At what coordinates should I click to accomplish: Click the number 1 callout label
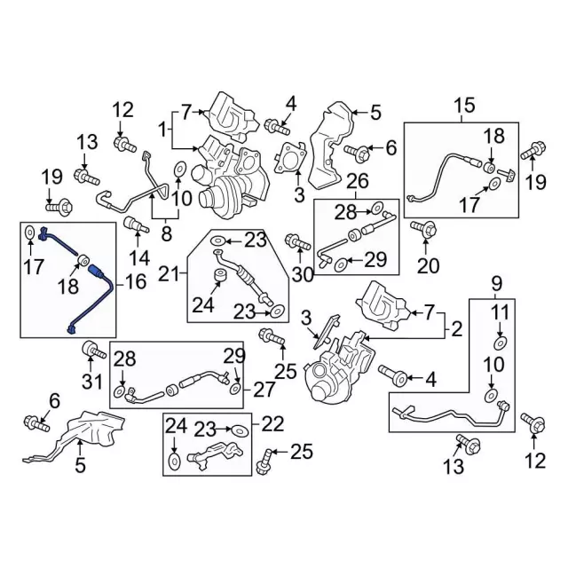162,130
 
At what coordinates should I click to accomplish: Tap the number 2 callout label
457,330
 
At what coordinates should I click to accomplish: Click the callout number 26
357,184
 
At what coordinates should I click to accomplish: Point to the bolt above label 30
294,241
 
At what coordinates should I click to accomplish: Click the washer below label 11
500,343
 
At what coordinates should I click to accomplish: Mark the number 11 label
501,312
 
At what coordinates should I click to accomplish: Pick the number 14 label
139,259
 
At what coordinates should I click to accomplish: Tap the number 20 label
428,265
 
